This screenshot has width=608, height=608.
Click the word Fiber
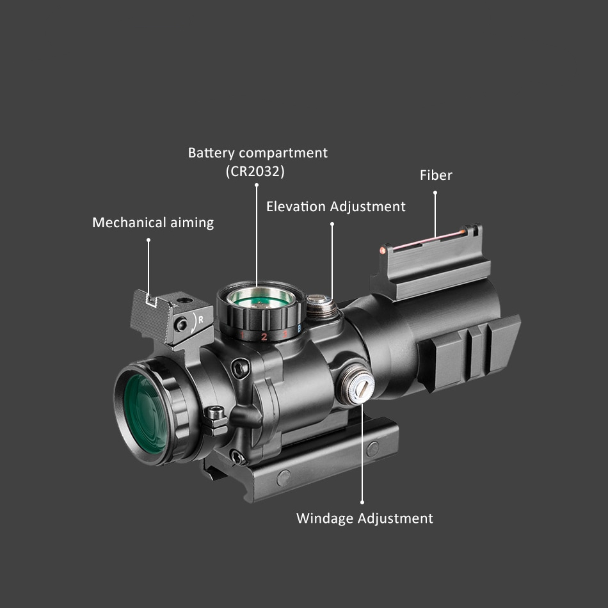pos(436,175)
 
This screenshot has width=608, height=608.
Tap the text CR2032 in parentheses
pos(255,172)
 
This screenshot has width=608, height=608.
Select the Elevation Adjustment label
pos(335,207)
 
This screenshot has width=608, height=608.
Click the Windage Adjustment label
pos(364,518)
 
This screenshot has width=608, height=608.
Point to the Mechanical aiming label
pos(153,223)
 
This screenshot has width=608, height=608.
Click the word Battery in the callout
pos(212,154)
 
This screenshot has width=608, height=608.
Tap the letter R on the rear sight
pos(200,318)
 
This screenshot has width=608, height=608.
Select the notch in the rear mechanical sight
pos(151,300)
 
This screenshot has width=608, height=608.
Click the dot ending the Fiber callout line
pos(435,193)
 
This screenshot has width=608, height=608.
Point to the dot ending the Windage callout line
pos(362,502)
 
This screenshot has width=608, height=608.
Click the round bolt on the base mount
pos(283,477)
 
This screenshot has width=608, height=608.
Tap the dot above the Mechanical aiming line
pos(148,240)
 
